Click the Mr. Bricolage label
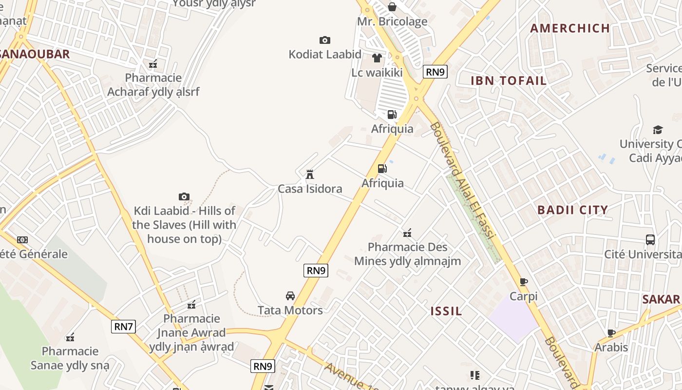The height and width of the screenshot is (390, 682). [392, 21]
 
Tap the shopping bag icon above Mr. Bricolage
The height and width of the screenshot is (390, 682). [392, 7]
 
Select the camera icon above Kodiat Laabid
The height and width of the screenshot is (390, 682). [324, 40]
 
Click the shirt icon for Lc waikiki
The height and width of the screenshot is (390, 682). [377, 58]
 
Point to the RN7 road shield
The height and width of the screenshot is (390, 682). [124, 326]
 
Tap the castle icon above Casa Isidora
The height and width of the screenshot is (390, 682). [309, 174]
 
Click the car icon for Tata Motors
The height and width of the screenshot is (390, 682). [290, 296]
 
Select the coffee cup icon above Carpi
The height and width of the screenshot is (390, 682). [524, 282]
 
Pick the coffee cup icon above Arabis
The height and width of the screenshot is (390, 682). [611, 333]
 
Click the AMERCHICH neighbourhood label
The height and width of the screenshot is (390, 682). [570, 28]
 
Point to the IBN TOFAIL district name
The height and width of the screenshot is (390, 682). [509, 81]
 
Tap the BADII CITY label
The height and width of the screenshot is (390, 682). [572, 210]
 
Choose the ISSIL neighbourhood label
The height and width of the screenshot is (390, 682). [446, 311]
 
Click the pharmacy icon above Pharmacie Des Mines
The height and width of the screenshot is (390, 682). [407, 233]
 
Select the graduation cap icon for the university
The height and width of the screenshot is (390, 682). [658, 130]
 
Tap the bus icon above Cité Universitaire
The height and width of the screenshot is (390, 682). [650, 240]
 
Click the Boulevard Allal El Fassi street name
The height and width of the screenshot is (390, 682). [462, 180]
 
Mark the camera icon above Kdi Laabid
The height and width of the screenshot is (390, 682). [184, 196]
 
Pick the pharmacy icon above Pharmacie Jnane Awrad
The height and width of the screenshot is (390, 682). [191, 305]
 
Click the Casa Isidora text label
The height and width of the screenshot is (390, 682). [310, 189]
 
